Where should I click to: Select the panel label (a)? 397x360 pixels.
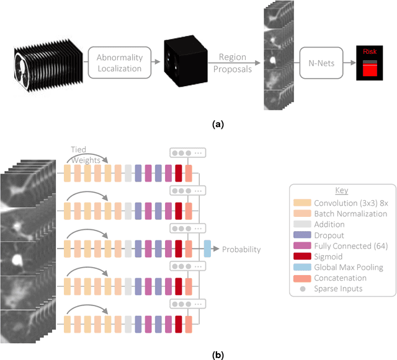pos(217,125)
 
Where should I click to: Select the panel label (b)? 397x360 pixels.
pos(217,355)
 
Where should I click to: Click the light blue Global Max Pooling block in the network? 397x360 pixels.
pos(207,249)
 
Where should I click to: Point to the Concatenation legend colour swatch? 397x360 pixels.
pos(303,278)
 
